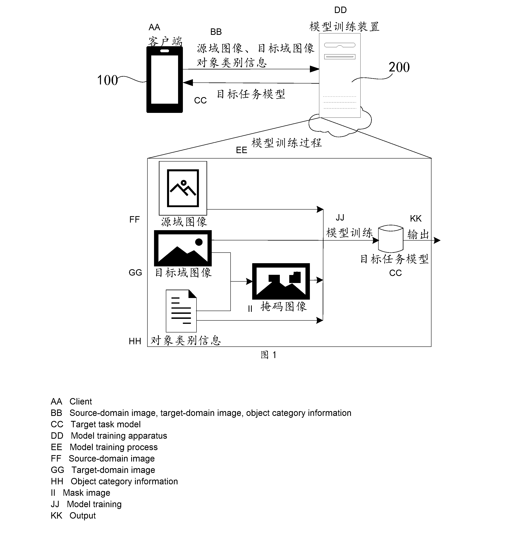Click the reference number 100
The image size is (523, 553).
[107, 80]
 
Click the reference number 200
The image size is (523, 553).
[399, 67]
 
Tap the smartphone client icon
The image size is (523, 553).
[164, 79]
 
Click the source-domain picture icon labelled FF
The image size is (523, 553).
[183, 188]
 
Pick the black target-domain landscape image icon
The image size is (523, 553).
[183, 248]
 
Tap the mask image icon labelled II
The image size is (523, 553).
[281, 281]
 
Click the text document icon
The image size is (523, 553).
[181, 311]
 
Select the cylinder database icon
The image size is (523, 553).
[391, 239]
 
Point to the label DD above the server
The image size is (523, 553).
[340, 10]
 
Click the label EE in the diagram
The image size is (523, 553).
[241, 150]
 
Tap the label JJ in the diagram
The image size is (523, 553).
[340, 217]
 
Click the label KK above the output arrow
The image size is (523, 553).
[416, 218]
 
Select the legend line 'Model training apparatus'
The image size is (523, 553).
[109, 436]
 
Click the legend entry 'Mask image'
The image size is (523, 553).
[80, 493]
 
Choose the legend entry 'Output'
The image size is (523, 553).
[73, 516]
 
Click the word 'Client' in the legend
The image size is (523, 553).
[81, 401]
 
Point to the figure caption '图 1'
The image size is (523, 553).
[268, 355]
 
